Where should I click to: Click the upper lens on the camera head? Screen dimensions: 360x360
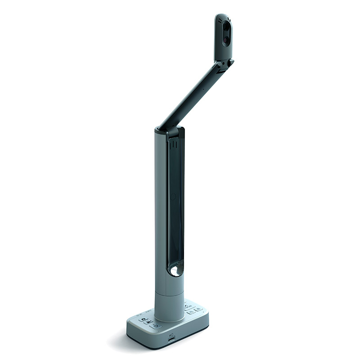point(225,28)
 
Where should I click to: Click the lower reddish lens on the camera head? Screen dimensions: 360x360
point(225,40)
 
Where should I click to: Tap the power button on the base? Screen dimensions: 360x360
point(156,326)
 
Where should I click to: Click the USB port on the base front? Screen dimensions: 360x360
point(171,341)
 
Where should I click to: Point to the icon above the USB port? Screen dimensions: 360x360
point(171,335)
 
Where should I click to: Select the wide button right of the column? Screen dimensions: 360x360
point(189,306)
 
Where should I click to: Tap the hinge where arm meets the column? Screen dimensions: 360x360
point(170,131)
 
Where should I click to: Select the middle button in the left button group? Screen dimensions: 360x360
point(148,322)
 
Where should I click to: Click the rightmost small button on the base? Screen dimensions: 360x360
point(198,309)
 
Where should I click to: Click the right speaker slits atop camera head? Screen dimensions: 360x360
point(229,20)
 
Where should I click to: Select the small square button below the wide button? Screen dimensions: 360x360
point(190,311)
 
